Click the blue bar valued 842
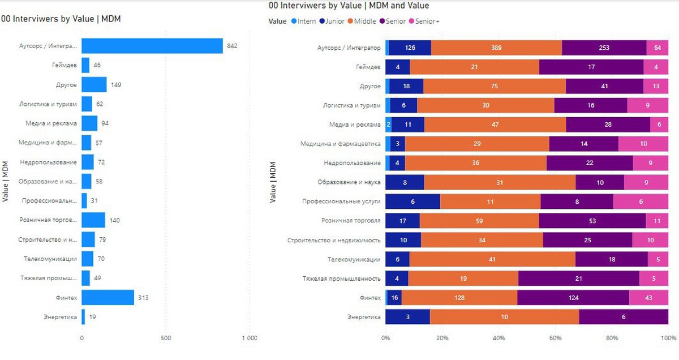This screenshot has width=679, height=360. click(x=152, y=46)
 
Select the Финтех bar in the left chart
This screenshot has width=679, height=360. click(x=108, y=297)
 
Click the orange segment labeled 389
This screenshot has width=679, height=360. click(x=496, y=48)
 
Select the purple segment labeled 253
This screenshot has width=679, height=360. click(x=604, y=48)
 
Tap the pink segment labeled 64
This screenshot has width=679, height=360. click(x=657, y=48)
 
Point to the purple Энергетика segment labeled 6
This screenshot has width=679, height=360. click(x=623, y=317)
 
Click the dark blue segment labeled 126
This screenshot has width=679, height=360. click(x=410, y=48)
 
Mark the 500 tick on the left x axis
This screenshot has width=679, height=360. click(x=166, y=338)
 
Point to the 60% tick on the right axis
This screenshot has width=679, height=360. click(x=556, y=338)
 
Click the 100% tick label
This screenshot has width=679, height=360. click(x=668, y=338)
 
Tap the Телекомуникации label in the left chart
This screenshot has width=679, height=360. click(x=50, y=259)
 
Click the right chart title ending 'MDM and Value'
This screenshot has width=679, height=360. click(x=349, y=6)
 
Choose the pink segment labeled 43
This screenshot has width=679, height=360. click(x=648, y=298)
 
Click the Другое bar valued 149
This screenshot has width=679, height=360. click(x=94, y=85)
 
